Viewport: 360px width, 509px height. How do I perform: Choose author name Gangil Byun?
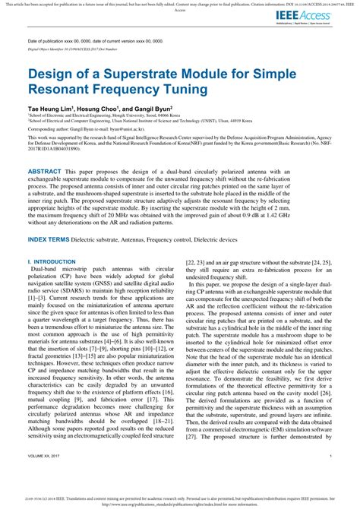[x=152, y=110]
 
